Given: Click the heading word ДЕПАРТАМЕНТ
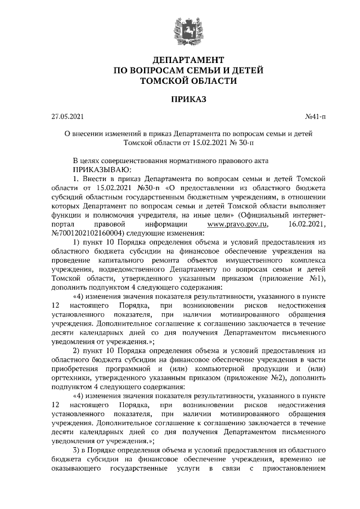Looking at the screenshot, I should [180, 59].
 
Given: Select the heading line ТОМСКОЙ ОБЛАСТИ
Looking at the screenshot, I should [180, 80].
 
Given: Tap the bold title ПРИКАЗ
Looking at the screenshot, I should [180, 100].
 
